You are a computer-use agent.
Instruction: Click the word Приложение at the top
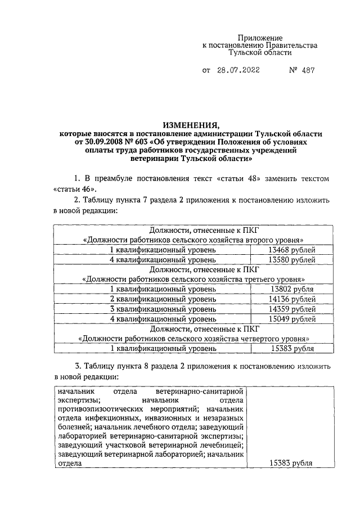coord(260,37)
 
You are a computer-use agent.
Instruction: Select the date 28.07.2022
coord(241,71)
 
